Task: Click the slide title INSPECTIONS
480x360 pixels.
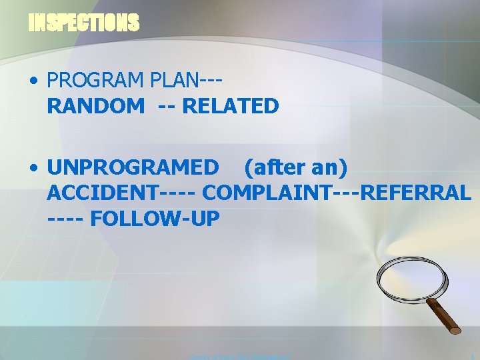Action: (84, 23)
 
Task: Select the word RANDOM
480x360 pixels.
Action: (95, 105)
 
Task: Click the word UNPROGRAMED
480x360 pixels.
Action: (132, 168)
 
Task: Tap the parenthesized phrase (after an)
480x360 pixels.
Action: (295, 168)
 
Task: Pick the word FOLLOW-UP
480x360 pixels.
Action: (155, 218)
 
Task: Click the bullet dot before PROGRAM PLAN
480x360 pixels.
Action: (33, 81)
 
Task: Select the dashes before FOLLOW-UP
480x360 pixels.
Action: (65, 218)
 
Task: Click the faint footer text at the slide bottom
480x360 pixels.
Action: (240, 357)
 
